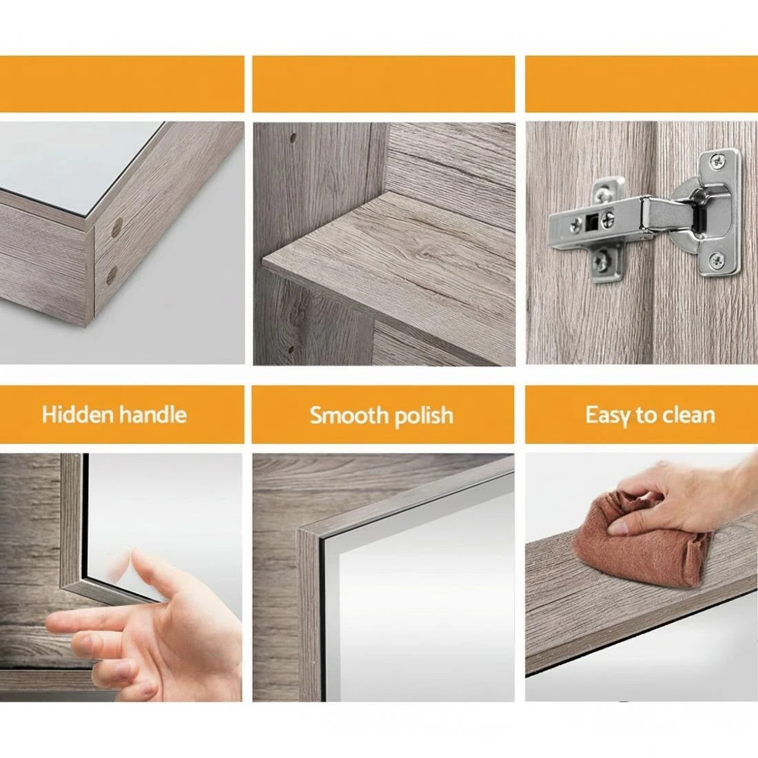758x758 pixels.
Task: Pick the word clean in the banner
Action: coord(688,415)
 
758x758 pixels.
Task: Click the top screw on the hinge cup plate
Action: coord(720,161)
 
